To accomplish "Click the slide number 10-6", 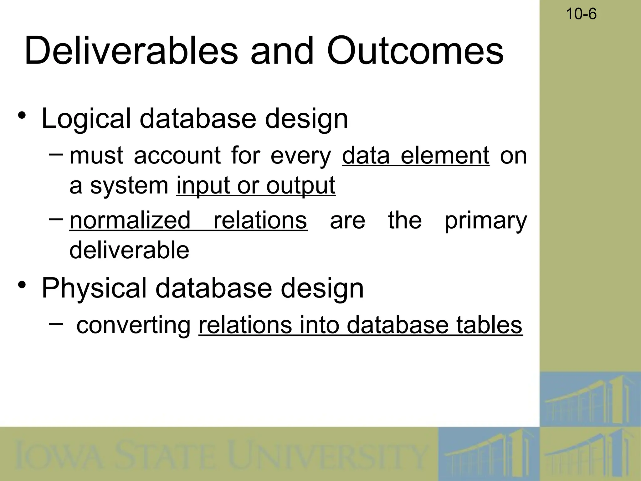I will click(581, 14).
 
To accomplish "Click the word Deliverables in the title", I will click(131, 51).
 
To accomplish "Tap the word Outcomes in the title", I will click(415, 51).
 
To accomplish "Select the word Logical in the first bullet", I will click(86, 119).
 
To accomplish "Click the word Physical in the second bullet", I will click(94, 288).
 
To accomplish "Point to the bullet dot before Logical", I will click(22, 115).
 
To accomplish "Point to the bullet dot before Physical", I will click(22, 285).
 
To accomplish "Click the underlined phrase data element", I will click(416, 156).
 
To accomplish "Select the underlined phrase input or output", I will click(256, 185).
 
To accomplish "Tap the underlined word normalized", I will click(130, 220).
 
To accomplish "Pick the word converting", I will click(133, 325).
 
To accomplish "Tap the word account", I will click(177, 156).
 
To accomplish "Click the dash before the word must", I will click(56, 154).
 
